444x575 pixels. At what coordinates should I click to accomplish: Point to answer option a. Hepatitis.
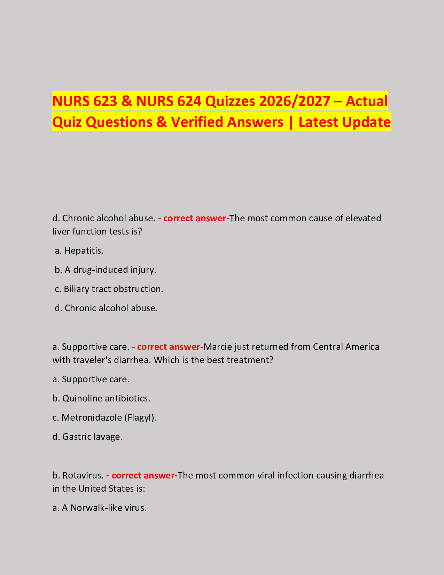tap(79, 251)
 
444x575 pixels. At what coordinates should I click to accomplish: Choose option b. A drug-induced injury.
tap(106, 270)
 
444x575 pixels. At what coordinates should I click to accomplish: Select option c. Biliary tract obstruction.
tap(109, 289)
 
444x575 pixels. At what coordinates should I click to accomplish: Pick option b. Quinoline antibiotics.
tap(101, 398)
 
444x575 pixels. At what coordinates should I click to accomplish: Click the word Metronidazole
tap(92, 417)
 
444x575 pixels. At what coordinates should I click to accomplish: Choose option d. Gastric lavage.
tap(87, 437)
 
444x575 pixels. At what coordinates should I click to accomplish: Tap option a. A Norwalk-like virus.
tap(99, 508)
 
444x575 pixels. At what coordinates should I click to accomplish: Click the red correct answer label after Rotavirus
tap(142, 476)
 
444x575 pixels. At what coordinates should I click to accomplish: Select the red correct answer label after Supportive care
tap(168, 347)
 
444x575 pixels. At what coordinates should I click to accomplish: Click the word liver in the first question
tap(60, 231)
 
